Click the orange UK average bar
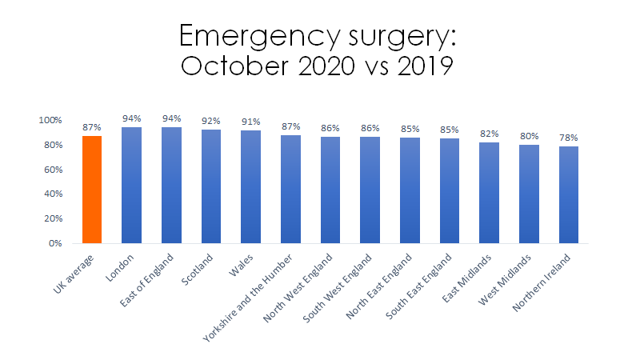coord(92,190)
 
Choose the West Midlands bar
coord(529,194)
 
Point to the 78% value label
coord(569,138)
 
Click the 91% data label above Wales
coord(251,122)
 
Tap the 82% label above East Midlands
coord(490,134)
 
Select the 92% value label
coord(211,121)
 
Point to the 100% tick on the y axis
coord(50,120)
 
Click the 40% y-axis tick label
coord(52,194)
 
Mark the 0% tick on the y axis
coord(54,243)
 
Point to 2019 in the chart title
coord(418,67)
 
